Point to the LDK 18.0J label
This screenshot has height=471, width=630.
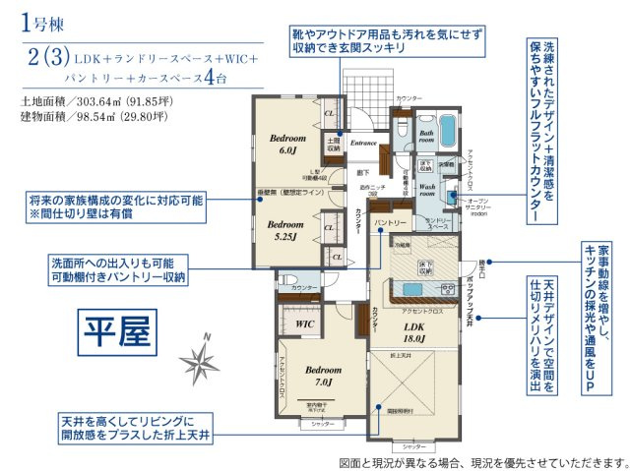tap(413, 332)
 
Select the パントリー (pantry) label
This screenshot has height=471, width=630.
tap(391, 224)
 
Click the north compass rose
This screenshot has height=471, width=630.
tap(204, 365)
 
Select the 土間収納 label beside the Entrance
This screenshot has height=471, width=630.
tap(334, 146)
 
